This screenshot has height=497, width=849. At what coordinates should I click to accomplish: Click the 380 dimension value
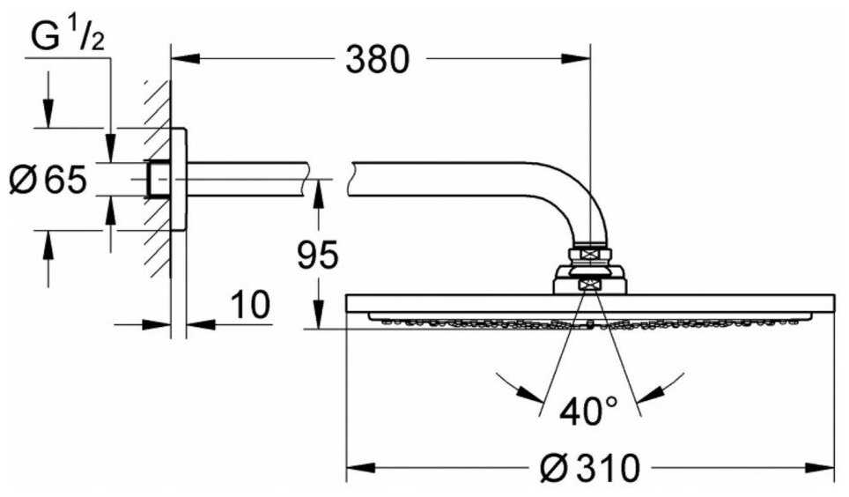click(377, 60)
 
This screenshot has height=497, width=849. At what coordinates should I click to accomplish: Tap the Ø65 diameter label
click(48, 180)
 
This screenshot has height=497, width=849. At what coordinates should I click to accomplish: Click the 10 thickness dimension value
click(249, 306)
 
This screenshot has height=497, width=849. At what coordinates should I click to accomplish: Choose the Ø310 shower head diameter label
click(589, 468)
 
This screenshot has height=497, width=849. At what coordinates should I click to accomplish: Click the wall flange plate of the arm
click(179, 180)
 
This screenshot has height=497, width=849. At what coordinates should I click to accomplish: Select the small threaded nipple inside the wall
click(159, 180)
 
